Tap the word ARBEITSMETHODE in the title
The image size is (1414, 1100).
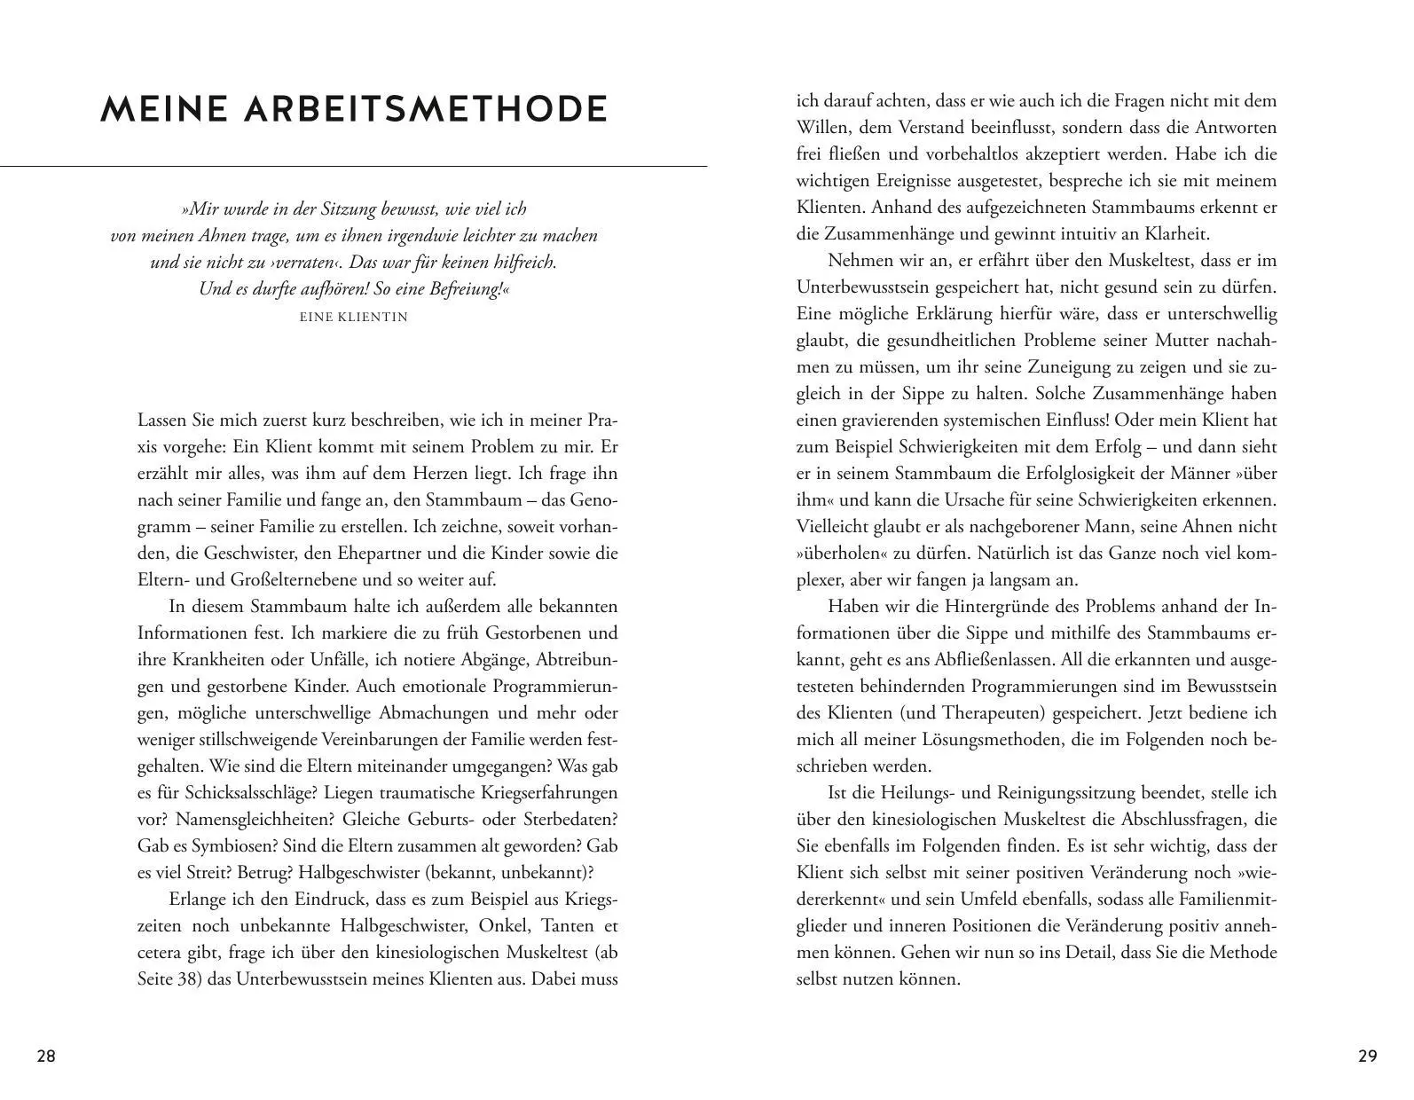(x=426, y=109)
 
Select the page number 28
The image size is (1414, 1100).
(x=46, y=1057)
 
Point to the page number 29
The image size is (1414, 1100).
(x=1367, y=1057)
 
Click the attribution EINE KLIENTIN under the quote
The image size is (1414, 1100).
(x=354, y=317)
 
